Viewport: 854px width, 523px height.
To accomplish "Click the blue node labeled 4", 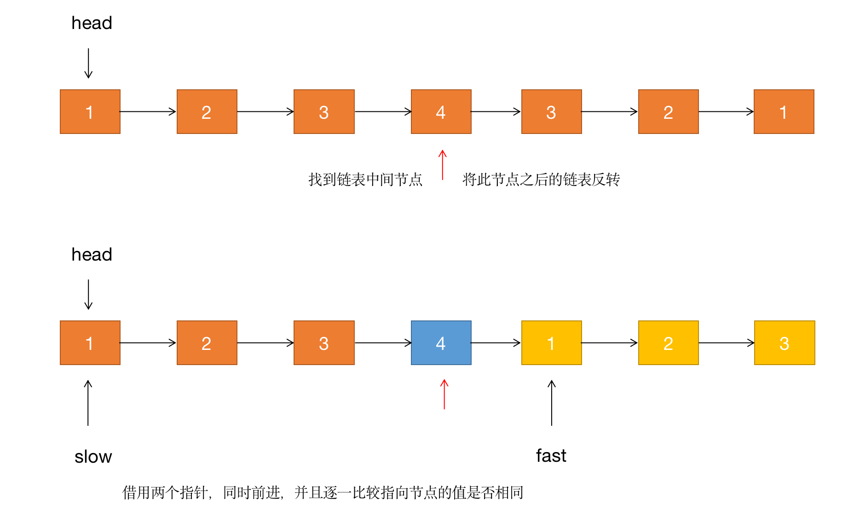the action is click(x=441, y=343).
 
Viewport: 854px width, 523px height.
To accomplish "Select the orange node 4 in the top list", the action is click(x=441, y=111).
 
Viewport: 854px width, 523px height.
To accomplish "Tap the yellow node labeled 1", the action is click(x=551, y=343).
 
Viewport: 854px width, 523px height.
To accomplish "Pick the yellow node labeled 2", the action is click(x=668, y=343).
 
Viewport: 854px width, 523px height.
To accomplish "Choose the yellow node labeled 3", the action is click(x=785, y=343).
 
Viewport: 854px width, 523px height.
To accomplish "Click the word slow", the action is click(x=93, y=456).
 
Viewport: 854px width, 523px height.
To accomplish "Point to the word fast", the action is click(x=551, y=455).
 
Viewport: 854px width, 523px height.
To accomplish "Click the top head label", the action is click(x=92, y=23).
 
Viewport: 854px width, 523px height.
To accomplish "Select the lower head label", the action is click(x=92, y=254).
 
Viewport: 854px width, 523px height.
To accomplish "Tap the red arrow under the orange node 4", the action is click(x=443, y=164).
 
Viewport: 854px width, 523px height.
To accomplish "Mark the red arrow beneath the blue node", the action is click(x=444, y=394).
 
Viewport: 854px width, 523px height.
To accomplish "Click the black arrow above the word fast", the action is click(x=552, y=403).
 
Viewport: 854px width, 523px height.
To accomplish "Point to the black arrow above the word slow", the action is click(x=88, y=403).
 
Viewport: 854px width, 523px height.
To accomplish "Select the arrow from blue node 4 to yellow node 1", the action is click(x=496, y=343).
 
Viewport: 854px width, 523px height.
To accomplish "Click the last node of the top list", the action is click(x=784, y=111).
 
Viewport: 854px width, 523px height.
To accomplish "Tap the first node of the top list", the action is click(x=90, y=111).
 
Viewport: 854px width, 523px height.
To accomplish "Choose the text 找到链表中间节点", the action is click(x=365, y=179).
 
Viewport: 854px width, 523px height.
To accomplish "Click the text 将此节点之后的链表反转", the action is click(x=541, y=179).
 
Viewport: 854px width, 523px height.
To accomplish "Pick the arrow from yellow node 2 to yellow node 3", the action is click(x=727, y=343).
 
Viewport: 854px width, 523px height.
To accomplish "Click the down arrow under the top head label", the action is click(x=88, y=64).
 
